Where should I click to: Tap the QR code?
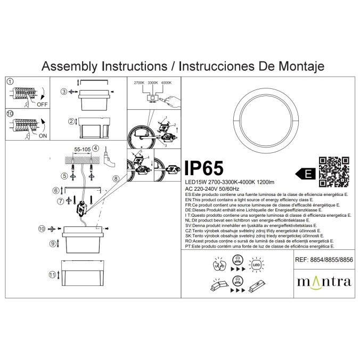click(x=333, y=171)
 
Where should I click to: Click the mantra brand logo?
click(x=323, y=281)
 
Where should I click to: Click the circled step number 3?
click(x=64, y=92)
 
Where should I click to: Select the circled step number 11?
click(x=52, y=275)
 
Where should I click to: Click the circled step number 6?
click(x=55, y=190)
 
